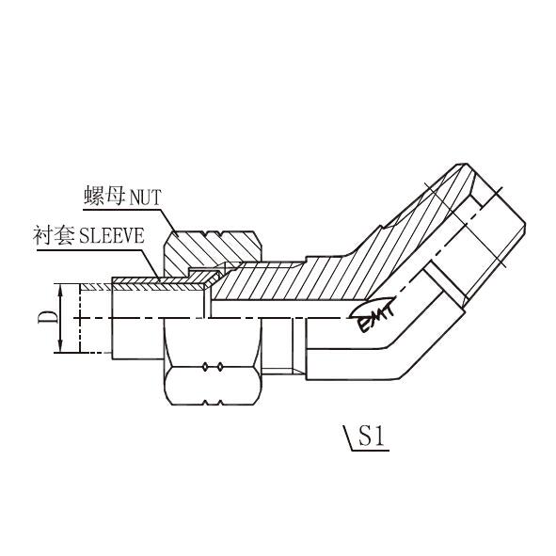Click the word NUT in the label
[x=146, y=197]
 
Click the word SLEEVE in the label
[x=112, y=235]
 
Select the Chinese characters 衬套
[x=54, y=235]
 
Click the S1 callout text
[x=372, y=436]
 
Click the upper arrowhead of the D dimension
[x=60, y=290]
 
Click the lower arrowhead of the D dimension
[x=60, y=346]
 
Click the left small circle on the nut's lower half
[x=205, y=367]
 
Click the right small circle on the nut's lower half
[x=220, y=367]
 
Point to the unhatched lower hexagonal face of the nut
[x=213, y=386]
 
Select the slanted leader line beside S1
[x=347, y=438]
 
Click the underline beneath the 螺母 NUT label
[x=121, y=209]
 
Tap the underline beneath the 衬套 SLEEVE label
[x=89, y=250]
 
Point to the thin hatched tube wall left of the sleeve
[x=97, y=287]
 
